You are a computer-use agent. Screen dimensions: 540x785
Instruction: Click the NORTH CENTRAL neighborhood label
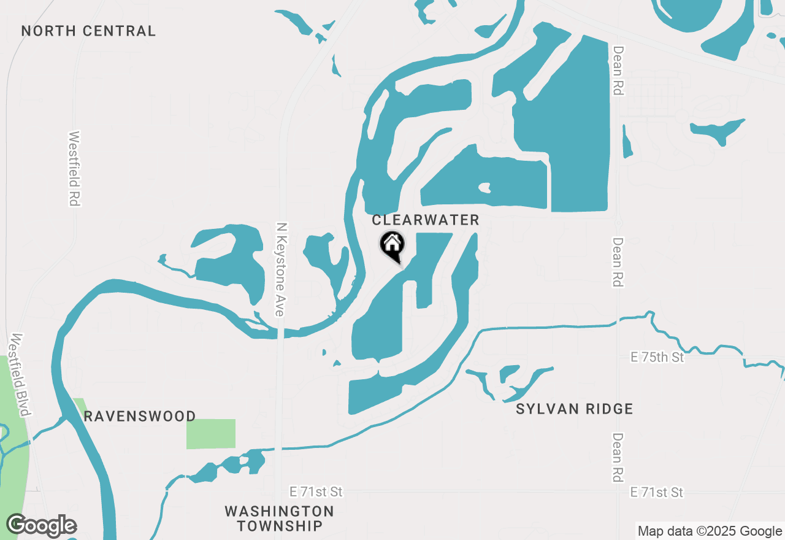[x=88, y=31]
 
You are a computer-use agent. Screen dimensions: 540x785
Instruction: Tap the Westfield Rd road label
[x=75, y=168]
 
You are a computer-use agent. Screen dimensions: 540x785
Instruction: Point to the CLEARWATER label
[x=426, y=220]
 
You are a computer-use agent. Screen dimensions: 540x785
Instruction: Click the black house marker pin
[x=392, y=245]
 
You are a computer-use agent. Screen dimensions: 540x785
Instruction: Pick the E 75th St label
[x=658, y=357]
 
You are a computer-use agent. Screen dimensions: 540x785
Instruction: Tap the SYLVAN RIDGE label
[x=574, y=409]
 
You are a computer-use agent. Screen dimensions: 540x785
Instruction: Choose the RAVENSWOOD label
[x=140, y=416]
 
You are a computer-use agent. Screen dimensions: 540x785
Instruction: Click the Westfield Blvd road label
[x=20, y=374]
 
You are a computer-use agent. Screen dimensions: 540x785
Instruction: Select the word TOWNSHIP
[x=280, y=526]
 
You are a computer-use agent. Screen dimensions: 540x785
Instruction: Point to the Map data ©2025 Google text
[x=709, y=531]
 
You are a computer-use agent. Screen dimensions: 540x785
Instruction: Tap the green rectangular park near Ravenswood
[x=211, y=434]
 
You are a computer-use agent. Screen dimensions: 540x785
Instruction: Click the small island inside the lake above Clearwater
[x=485, y=188]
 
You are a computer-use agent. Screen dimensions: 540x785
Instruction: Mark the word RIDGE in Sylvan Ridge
[x=607, y=409]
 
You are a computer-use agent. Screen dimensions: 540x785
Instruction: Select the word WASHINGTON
[x=280, y=511]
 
